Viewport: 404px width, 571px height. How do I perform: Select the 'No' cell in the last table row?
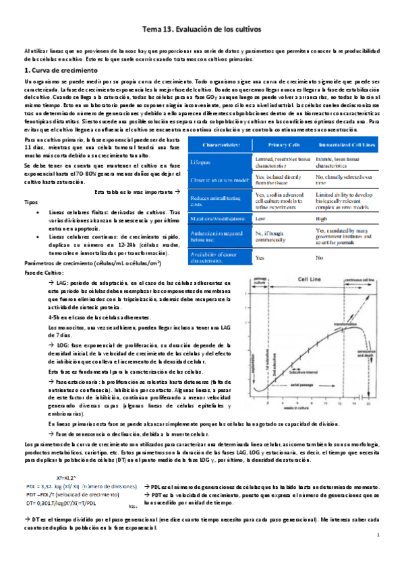319,257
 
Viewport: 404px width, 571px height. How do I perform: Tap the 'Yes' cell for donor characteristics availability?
260,257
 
